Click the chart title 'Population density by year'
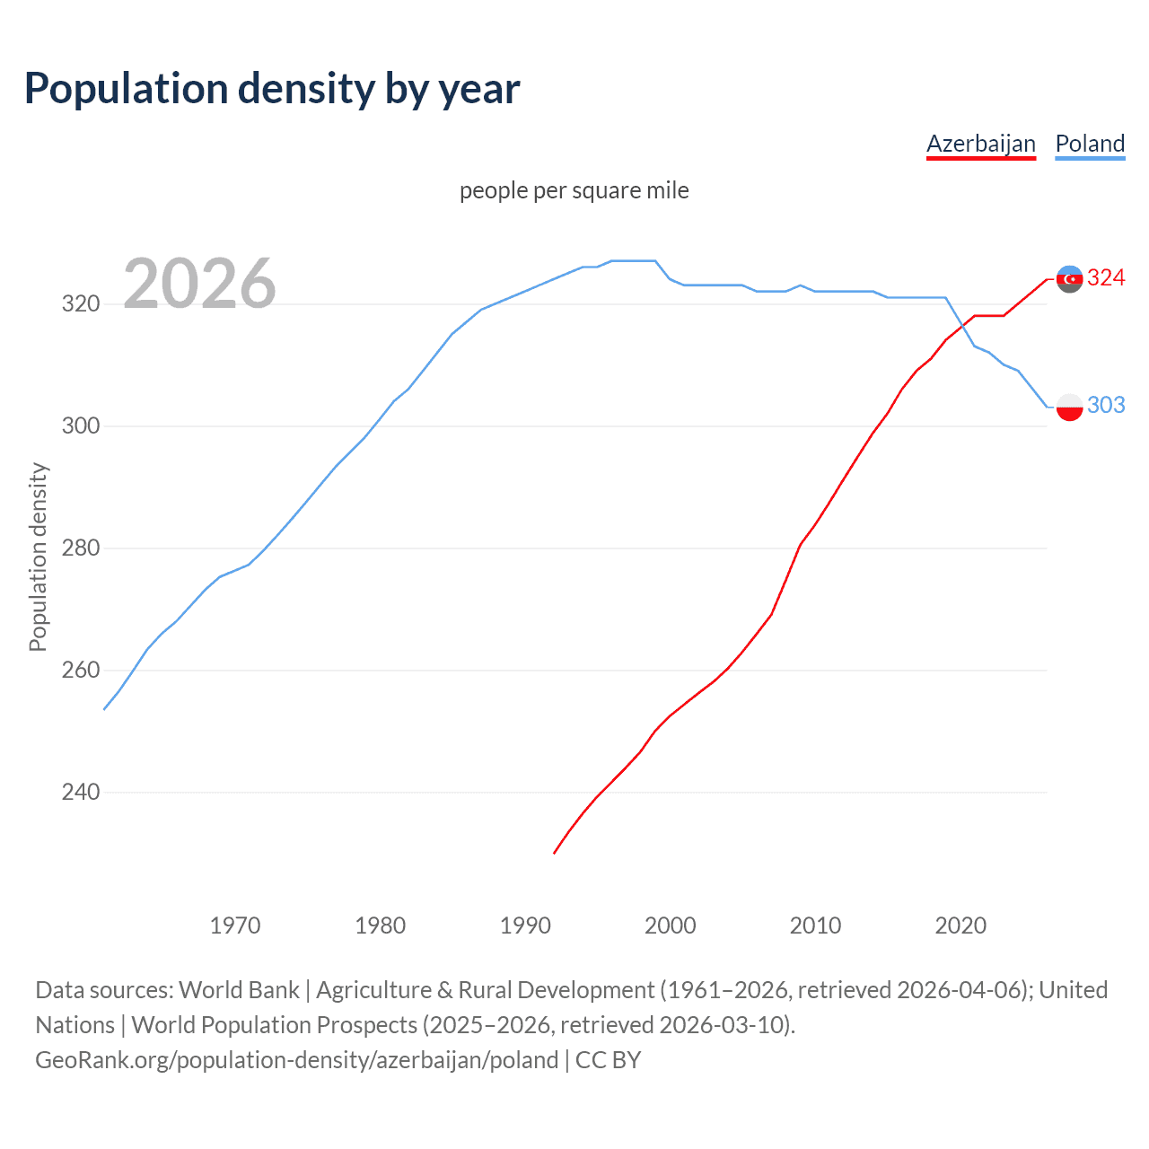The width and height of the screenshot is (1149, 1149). [272, 89]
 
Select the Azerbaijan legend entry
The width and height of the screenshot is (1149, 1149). [980, 144]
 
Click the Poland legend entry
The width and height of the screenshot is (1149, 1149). [1090, 144]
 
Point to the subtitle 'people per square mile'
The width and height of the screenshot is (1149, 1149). [574, 190]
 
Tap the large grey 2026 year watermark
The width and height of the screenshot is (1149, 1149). [199, 284]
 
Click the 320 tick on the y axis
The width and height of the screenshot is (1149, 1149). [80, 303]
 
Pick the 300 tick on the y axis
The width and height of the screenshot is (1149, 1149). [80, 425]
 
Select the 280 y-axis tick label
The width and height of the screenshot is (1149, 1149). [80, 548]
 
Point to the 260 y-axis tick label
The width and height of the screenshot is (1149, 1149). [80, 670]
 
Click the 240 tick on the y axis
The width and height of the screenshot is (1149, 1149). [80, 792]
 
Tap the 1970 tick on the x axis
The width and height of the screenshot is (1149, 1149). [235, 925]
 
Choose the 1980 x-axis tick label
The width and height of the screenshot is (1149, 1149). [380, 925]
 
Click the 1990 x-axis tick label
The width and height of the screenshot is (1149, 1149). [525, 925]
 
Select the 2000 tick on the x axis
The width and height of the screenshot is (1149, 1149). [671, 925]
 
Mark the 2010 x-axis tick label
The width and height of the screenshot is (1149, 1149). [815, 925]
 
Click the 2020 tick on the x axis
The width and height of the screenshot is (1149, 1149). [960, 925]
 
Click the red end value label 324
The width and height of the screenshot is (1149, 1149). [1106, 278]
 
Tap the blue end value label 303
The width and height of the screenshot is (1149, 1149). [1106, 406]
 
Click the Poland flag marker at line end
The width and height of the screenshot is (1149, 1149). [1069, 407]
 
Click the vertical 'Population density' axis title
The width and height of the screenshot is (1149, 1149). [38, 557]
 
